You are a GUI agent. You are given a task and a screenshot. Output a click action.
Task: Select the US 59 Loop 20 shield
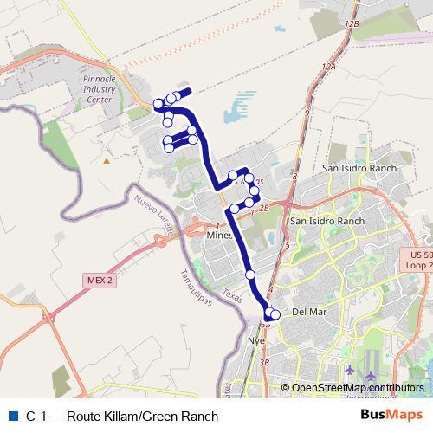click(421, 260)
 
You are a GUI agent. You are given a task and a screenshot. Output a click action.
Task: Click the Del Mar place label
click(307, 312)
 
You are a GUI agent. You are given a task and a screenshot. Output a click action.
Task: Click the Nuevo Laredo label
click(154, 216)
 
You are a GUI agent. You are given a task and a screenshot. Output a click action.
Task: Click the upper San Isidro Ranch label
click(359, 168)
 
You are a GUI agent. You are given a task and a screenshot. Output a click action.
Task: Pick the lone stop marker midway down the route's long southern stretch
click(250, 275)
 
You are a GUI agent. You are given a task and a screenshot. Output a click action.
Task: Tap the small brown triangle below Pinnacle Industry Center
click(107, 160)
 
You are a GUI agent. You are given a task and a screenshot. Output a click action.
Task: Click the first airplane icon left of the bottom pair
click(349, 371)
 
